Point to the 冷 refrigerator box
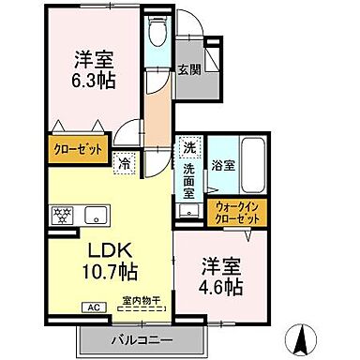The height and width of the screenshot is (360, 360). coord(125,160)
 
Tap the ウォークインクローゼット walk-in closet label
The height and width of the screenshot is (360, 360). coord(236,212)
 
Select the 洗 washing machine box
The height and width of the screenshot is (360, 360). coord(189,147)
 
